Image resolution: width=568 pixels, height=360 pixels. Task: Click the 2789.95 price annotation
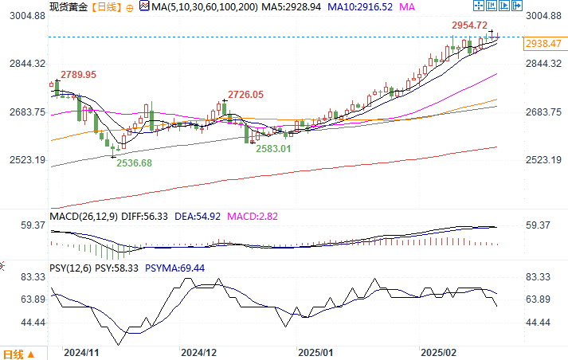pos(78,74)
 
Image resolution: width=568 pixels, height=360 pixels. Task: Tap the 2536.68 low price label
pos(135,162)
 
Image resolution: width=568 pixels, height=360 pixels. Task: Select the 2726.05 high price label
pos(245,95)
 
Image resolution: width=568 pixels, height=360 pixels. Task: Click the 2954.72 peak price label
pos(469,25)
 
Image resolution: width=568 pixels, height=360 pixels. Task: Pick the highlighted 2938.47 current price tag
pos(544,45)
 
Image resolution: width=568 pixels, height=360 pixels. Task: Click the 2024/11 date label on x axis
pos(80,351)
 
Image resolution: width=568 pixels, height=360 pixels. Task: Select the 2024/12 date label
pos(199,351)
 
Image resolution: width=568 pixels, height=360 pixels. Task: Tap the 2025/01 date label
pos(316,351)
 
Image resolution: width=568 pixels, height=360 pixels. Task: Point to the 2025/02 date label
pos(438,351)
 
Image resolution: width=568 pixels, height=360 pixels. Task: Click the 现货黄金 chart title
pos(68,6)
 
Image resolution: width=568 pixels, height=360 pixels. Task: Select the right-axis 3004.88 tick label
pos(544,16)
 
